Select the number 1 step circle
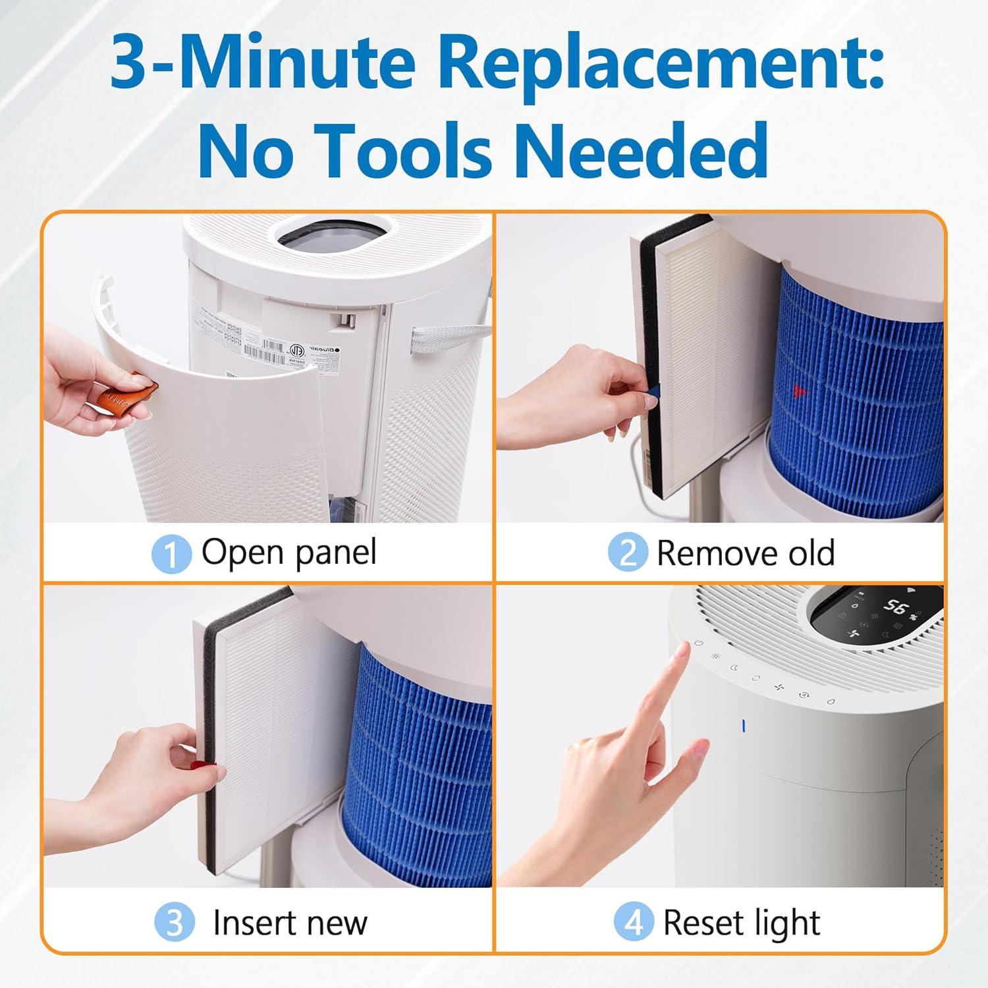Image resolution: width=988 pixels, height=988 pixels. coord(171,553)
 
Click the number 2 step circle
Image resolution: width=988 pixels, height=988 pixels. coord(627,552)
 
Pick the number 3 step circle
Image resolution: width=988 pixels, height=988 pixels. coord(175,922)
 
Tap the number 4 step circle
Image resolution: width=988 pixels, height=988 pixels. coord(633,922)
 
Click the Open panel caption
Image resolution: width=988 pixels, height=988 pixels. coord(288,552)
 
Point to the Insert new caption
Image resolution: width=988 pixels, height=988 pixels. coord(290,922)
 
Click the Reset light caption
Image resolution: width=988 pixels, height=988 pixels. coord(741,922)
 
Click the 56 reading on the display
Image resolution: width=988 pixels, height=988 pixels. coord(895,607)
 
